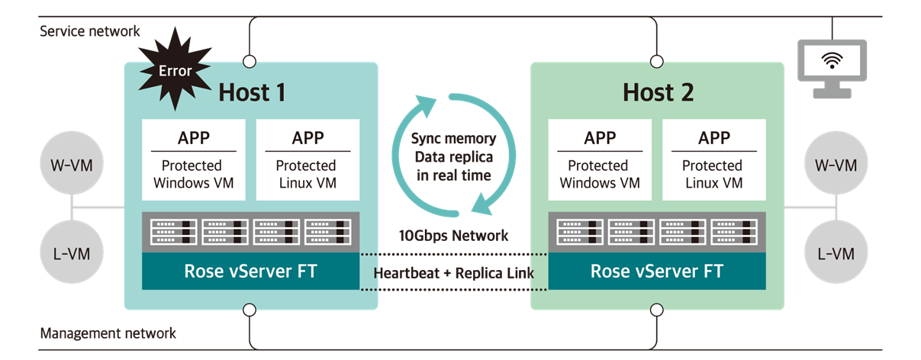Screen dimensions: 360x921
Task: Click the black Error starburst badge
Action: click(x=175, y=71)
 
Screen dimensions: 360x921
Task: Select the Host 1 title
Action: click(x=252, y=92)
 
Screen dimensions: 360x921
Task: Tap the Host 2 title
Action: click(x=658, y=92)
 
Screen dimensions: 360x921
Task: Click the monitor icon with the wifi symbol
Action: click(x=831, y=68)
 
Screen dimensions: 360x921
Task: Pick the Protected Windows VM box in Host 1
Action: click(x=194, y=160)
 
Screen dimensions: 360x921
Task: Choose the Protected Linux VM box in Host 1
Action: click(x=307, y=160)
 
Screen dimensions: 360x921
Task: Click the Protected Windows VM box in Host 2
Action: click(x=601, y=160)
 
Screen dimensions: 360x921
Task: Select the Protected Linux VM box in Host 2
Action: click(x=713, y=160)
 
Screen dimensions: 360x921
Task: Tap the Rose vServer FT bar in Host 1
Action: click(x=250, y=272)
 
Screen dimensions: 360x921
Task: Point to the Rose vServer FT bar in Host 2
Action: click(x=657, y=272)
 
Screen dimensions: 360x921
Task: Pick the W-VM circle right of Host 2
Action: click(x=836, y=165)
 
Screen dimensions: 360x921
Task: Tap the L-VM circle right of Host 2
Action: click(x=836, y=253)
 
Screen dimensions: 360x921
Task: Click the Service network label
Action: click(x=90, y=31)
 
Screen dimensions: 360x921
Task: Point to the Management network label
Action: click(x=108, y=333)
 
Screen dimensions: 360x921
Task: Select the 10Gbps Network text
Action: click(x=454, y=235)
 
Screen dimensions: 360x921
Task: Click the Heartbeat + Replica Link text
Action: click(x=454, y=272)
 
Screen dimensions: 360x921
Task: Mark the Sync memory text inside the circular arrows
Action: click(x=453, y=140)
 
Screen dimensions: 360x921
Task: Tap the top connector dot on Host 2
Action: click(x=656, y=60)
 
